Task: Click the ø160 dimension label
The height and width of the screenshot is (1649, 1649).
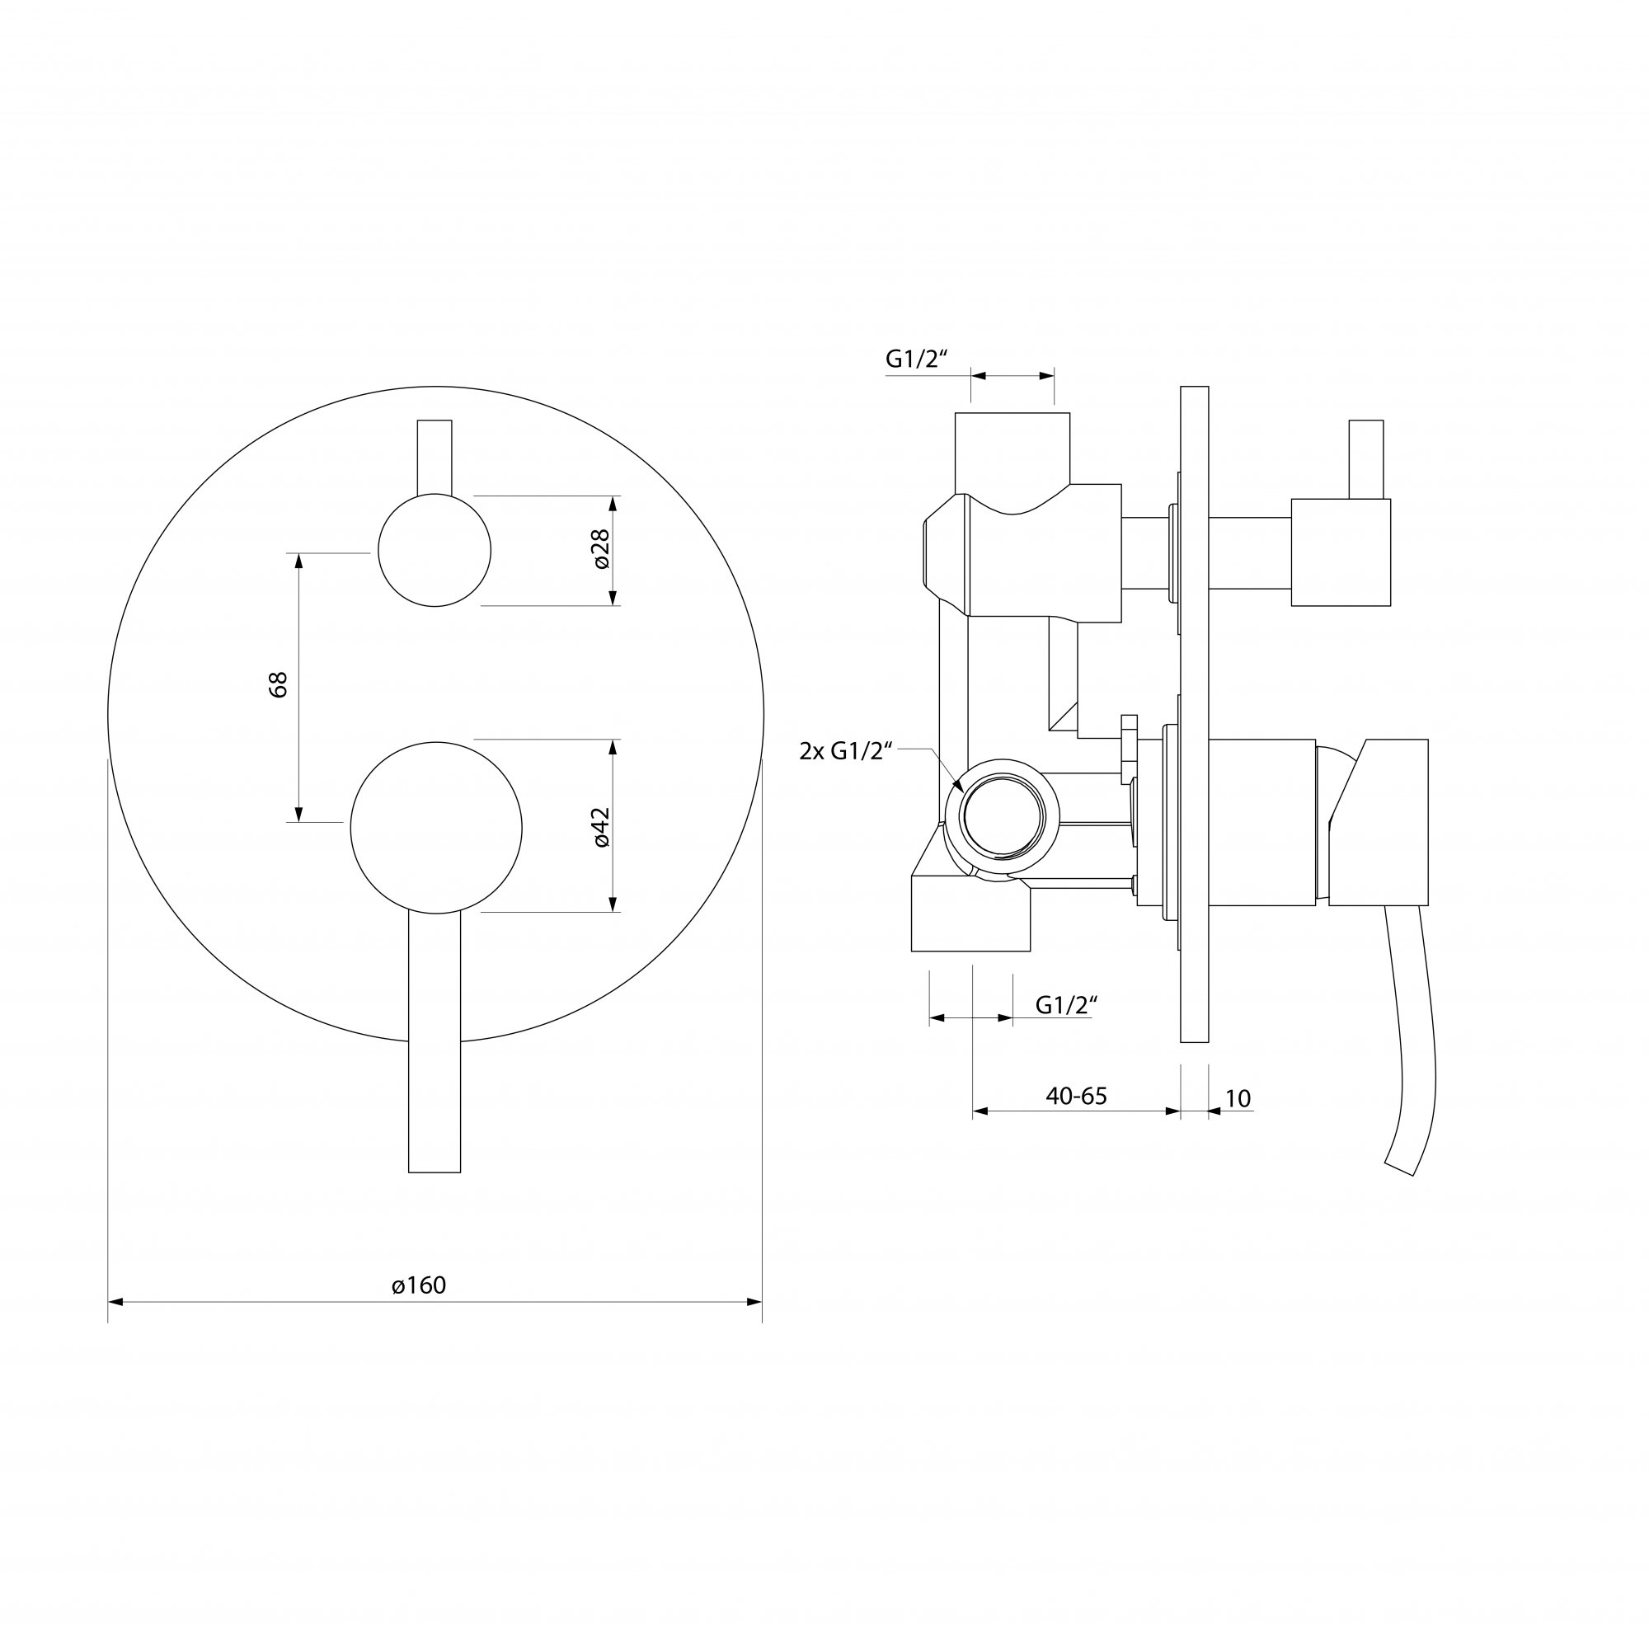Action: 419,1285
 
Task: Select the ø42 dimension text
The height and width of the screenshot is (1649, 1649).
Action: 601,827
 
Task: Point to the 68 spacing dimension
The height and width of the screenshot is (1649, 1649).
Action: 278,684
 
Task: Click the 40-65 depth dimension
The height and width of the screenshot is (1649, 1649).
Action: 1075,1097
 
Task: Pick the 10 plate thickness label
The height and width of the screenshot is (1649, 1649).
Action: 1238,1098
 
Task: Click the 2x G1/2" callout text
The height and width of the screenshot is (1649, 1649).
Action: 846,751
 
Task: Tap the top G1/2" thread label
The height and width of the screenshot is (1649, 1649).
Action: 917,359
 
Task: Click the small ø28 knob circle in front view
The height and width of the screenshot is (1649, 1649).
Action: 435,551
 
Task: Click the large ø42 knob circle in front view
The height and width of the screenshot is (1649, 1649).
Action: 436,828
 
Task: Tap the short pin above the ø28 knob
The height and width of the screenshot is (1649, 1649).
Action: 435,457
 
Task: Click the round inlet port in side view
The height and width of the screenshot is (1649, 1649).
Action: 1003,815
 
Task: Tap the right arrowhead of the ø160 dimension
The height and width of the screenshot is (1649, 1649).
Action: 754,1302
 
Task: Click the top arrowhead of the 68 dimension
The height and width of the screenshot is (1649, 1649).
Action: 298,560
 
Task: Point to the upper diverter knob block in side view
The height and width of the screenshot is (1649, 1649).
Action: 1340,552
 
